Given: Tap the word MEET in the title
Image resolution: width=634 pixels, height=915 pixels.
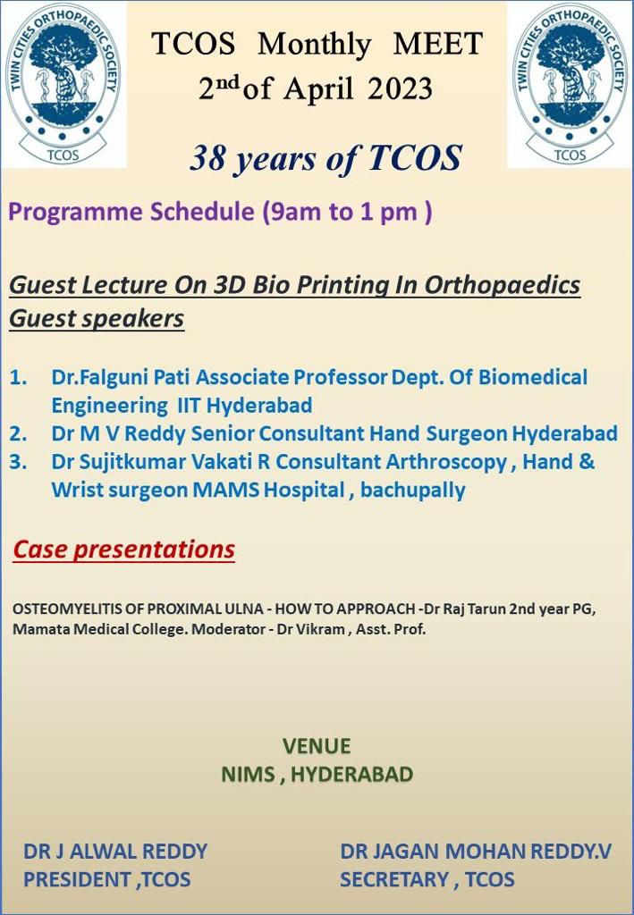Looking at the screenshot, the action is pos(438,44).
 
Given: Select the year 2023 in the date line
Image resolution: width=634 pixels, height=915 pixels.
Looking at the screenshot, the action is pos(401,88).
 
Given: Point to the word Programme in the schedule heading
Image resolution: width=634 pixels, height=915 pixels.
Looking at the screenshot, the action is pos(73,212).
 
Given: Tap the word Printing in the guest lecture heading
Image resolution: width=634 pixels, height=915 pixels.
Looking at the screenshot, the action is pos(357,285).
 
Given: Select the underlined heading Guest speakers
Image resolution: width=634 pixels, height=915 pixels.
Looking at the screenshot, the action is pos(97,319).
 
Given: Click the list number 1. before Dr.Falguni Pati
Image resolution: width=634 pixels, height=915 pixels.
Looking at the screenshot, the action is pos(19,378).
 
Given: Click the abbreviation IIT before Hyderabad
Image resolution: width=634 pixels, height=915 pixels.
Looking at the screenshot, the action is pos(189,406).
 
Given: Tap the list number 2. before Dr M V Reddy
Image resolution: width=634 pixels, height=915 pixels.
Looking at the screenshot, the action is pos(19,433).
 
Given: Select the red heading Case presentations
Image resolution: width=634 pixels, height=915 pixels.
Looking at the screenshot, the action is pos(123,550).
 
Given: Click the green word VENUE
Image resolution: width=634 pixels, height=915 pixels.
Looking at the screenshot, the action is pos(317,746).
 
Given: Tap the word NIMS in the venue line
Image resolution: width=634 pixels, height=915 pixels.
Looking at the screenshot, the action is pos(248,775).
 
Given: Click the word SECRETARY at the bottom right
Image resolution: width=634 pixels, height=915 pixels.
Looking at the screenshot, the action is pos(394,879).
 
